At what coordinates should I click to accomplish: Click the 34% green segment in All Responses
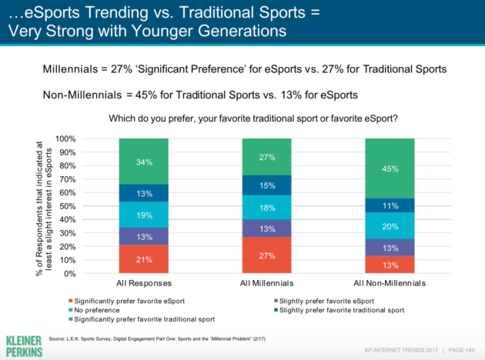[144, 162]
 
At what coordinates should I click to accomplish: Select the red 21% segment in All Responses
[144, 259]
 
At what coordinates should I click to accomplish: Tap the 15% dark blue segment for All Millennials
[266, 185]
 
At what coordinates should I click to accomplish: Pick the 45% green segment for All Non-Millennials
[390, 168]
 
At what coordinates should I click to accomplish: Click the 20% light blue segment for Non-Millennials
[390, 226]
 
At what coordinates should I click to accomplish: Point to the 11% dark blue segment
[390, 205]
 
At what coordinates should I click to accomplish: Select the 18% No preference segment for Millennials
[266, 208]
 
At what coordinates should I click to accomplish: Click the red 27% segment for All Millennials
[266, 255]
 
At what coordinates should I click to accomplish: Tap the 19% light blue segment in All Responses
[144, 215]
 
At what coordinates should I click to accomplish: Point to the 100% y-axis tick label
[65, 138]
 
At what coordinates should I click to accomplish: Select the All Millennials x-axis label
[266, 283]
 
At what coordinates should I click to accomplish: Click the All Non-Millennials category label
[390, 283]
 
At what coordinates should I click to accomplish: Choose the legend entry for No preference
[94, 310]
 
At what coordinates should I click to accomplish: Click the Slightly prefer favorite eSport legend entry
[324, 301]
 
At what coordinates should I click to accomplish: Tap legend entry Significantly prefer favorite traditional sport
[142, 319]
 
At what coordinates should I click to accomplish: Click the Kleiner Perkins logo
[24, 346]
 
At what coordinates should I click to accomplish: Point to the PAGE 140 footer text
[461, 350]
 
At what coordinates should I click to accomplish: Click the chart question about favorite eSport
[253, 118]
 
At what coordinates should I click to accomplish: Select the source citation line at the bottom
[157, 338]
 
